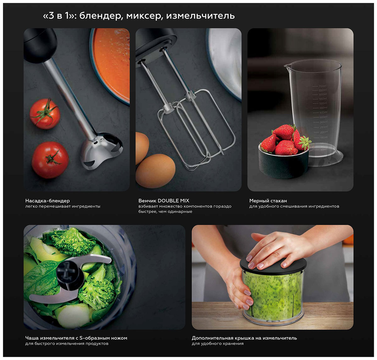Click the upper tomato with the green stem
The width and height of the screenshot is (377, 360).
45,114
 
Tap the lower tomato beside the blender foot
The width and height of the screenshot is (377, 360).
50,160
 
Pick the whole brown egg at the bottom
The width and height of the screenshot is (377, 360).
155,171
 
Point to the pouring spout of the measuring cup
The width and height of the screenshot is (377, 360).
287,67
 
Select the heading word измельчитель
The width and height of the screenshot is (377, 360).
200,15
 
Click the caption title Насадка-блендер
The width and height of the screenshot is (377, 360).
47,201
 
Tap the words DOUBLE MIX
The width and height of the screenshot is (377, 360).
173,201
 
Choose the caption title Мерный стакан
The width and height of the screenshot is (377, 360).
268,201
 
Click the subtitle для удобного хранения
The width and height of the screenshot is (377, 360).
218,344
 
